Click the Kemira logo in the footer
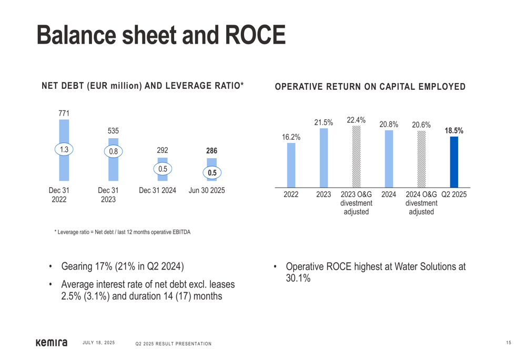click(x=52, y=343)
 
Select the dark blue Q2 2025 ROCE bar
click(x=454, y=162)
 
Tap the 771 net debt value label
click(x=64, y=113)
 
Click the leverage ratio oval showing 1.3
click(x=64, y=150)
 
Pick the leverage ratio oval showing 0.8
click(x=113, y=151)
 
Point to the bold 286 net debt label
click(x=211, y=151)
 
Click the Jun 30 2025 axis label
click(x=207, y=190)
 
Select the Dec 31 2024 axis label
click(x=157, y=190)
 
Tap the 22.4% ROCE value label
click(x=356, y=120)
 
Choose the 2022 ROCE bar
click(x=291, y=165)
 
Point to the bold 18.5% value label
click(x=454, y=131)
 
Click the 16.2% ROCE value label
click(x=291, y=137)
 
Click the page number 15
click(x=509, y=343)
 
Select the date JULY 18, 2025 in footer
click(x=99, y=343)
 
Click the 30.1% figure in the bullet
click(x=298, y=278)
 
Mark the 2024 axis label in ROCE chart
click(x=389, y=194)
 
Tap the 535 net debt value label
click(x=113, y=131)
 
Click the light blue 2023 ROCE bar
click(x=323, y=158)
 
